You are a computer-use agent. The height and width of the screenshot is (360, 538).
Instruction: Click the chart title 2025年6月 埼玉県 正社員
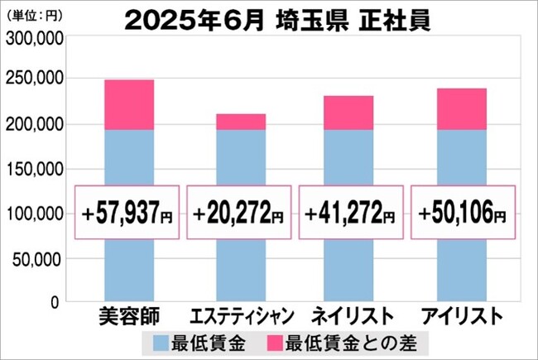277,21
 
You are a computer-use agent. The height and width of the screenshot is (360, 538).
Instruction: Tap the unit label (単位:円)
34,16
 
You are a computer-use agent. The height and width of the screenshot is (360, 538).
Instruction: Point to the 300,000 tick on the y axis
35,38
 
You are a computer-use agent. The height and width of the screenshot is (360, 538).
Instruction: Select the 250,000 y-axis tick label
35,79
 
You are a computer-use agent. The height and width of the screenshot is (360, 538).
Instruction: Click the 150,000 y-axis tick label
35,169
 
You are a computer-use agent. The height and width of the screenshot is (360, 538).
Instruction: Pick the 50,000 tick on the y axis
38,260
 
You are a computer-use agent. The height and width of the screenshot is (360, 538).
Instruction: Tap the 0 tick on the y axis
55,302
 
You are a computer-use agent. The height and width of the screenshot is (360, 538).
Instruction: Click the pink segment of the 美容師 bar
129,104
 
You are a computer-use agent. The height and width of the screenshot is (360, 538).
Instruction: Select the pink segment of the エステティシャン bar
241,122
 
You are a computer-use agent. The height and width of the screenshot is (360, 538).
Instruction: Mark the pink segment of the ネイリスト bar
348,113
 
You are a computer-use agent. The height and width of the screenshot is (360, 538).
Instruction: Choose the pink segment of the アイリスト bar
462,109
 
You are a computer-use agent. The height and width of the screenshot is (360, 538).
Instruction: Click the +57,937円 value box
127,213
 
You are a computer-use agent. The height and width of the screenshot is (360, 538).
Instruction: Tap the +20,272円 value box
239,213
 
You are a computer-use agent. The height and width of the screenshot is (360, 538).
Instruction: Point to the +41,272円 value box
351,213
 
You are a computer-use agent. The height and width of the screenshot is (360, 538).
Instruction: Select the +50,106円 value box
464,213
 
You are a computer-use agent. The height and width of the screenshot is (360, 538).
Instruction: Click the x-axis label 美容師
129,316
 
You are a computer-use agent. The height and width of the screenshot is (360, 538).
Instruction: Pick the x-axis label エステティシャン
242,316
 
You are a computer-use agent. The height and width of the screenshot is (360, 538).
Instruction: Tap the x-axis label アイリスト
462,316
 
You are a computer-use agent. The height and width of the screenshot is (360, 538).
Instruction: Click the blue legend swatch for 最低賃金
161,343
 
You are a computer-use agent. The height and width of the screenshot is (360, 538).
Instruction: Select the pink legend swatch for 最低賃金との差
275,343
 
